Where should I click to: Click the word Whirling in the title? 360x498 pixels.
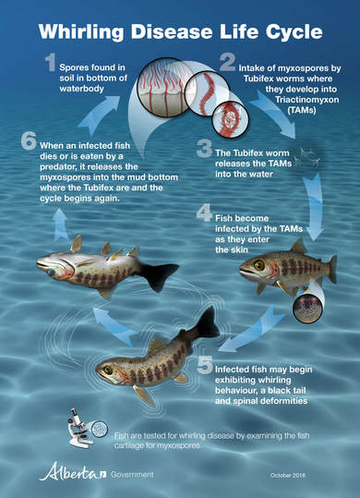coord(81,32)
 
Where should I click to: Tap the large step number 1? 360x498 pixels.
coord(51,63)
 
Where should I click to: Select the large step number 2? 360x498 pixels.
coord(227,62)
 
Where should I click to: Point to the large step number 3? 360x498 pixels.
coord(204,149)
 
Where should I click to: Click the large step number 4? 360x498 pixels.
coord(204,213)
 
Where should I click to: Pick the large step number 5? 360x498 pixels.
coord(205,364)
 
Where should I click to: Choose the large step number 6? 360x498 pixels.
coord(29,141)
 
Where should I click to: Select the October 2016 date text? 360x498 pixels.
coord(288,475)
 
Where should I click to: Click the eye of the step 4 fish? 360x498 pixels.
coord(259,264)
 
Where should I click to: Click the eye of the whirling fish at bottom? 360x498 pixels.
coord(108,370)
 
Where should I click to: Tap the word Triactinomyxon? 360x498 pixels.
coord(306,100)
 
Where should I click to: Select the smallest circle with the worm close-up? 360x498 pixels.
coord(231,119)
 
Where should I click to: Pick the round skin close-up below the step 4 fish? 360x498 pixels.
coord(307,309)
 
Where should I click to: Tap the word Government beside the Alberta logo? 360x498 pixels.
coord(132,475)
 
